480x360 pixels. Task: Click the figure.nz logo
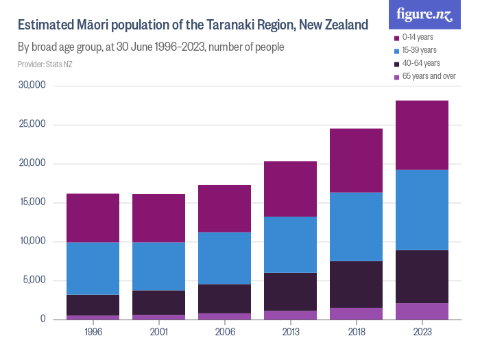[424, 14]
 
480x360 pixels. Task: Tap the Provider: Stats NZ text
[45, 64]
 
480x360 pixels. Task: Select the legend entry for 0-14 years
[418, 37]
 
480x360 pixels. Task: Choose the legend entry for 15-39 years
[419, 50]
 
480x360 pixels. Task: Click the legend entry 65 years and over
[429, 76]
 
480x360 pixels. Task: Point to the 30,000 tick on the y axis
[32, 86]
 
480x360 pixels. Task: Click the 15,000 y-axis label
[32, 202]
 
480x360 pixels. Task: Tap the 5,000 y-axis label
[34, 280]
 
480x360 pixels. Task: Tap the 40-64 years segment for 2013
[290, 291]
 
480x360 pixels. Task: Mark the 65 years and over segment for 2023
[422, 311]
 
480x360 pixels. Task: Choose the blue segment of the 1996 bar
[93, 268]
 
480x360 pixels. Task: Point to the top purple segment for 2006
[224, 208]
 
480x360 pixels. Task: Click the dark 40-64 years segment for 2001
[158, 302]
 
